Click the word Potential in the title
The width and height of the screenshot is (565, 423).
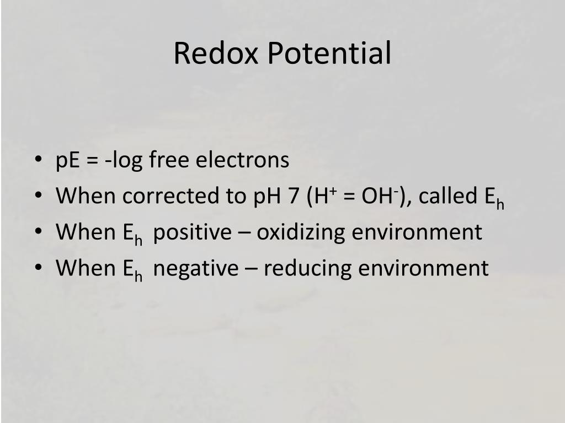coord(330,53)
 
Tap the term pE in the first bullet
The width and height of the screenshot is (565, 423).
coord(68,160)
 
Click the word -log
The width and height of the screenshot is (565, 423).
coord(126,161)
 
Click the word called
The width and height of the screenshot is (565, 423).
coord(445,196)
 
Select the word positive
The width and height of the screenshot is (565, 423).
coord(193,232)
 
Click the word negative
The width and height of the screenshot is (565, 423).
coord(196,268)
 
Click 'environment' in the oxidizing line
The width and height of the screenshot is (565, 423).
coord(417,232)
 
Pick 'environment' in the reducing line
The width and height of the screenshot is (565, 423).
coord(423,268)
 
